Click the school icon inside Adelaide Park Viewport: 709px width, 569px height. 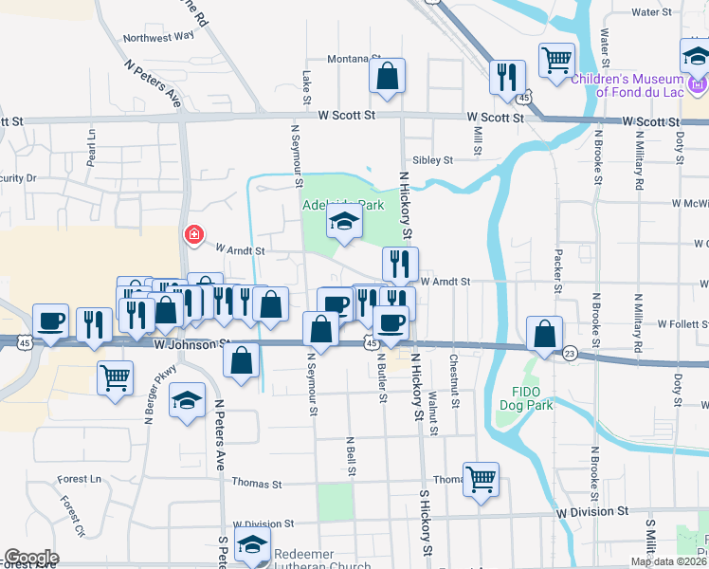pos(342,224)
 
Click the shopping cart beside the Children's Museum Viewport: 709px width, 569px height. pos(555,61)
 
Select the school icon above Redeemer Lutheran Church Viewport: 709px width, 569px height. pos(252,546)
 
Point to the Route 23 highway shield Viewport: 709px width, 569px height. pos(569,354)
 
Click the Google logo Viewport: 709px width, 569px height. pos(30,557)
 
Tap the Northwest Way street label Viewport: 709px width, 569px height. pos(158,36)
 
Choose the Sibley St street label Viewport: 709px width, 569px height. pos(431,160)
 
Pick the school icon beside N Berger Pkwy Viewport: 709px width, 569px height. pos(188,400)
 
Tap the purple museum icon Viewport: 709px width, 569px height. pos(699,86)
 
